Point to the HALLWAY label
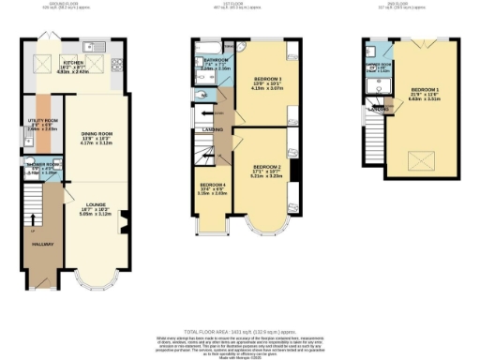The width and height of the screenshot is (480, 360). [42, 244]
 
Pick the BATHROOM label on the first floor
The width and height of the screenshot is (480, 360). [215, 65]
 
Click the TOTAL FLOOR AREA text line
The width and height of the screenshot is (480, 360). [239, 333]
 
